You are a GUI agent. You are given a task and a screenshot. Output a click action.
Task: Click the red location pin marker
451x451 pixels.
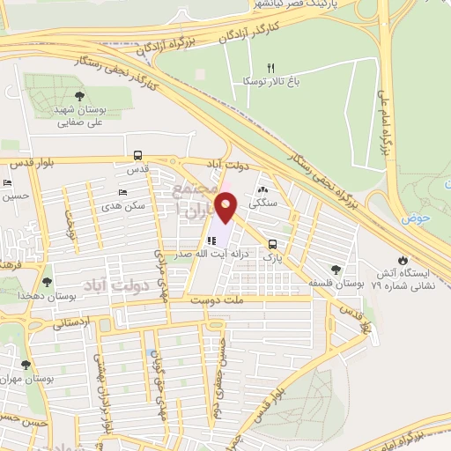(x=226, y=208)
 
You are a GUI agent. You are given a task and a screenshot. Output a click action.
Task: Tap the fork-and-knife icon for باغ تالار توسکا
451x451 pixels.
(x=271, y=68)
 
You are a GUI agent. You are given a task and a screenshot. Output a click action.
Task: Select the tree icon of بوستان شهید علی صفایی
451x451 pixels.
(x=80, y=96)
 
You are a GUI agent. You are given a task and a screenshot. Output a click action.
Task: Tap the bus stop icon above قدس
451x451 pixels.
(x=137, y=154)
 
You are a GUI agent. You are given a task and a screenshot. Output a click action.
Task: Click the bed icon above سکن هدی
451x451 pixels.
(x=122, y=191)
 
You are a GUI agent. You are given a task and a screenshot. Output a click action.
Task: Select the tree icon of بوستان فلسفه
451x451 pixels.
(x=335, y=269)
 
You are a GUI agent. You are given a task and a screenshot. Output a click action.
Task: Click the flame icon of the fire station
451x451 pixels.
(x=403, y=261)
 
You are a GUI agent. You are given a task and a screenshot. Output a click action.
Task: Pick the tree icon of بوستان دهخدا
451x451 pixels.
(x=47, y=282)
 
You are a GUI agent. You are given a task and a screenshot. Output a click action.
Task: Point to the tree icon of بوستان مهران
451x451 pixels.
(x=26, y=363)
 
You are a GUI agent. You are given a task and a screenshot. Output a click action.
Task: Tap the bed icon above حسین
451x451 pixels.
(x=8, y=183)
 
